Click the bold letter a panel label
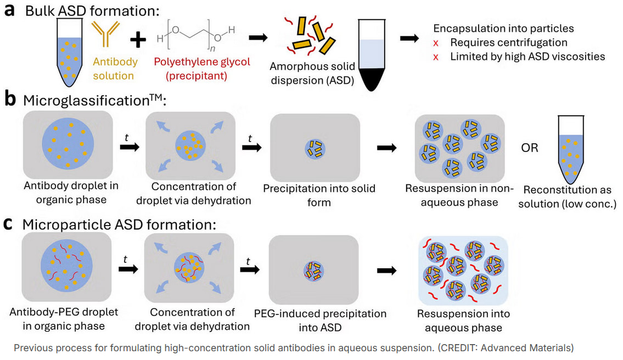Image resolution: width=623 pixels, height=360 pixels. click(x=9, y=11)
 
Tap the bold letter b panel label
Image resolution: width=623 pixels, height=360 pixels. click(x=9, y=100)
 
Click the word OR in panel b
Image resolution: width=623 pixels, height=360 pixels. click(x=530, y=148)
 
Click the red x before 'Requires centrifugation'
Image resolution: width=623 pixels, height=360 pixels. click(x=437, y=42)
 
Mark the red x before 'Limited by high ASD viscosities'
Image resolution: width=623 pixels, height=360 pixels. click(x=437, y=57)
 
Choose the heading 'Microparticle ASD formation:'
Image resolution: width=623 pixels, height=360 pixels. click(x=119, y=224)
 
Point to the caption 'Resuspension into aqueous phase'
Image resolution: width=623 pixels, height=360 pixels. click(x=463, y=320)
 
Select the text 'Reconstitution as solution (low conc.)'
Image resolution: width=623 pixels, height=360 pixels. click(x=571, y=196)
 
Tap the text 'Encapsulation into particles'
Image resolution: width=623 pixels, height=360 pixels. click(x=504, y=29)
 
